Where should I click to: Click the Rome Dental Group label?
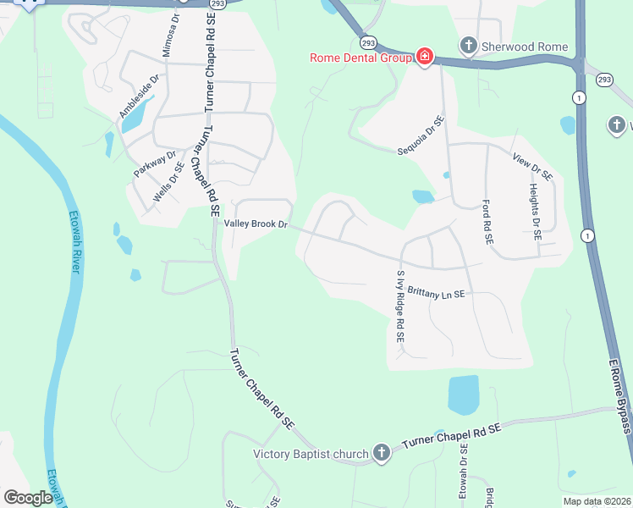[x=361, y=58]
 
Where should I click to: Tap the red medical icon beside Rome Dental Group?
[x=425, y=58]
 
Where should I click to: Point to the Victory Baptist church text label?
[x=311, y=454]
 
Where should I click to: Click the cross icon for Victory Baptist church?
[x=381, y=453]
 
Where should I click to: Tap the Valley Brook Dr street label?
[x=256, y=224]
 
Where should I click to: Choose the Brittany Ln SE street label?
[x=436, y=293]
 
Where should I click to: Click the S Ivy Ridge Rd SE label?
[x=400, y=306]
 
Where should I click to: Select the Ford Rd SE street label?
[x=487, y=223]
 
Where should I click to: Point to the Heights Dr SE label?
[x=534, y=212]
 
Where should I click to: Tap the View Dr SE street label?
[x=532, y=166]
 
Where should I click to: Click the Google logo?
[x=28, y=497]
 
